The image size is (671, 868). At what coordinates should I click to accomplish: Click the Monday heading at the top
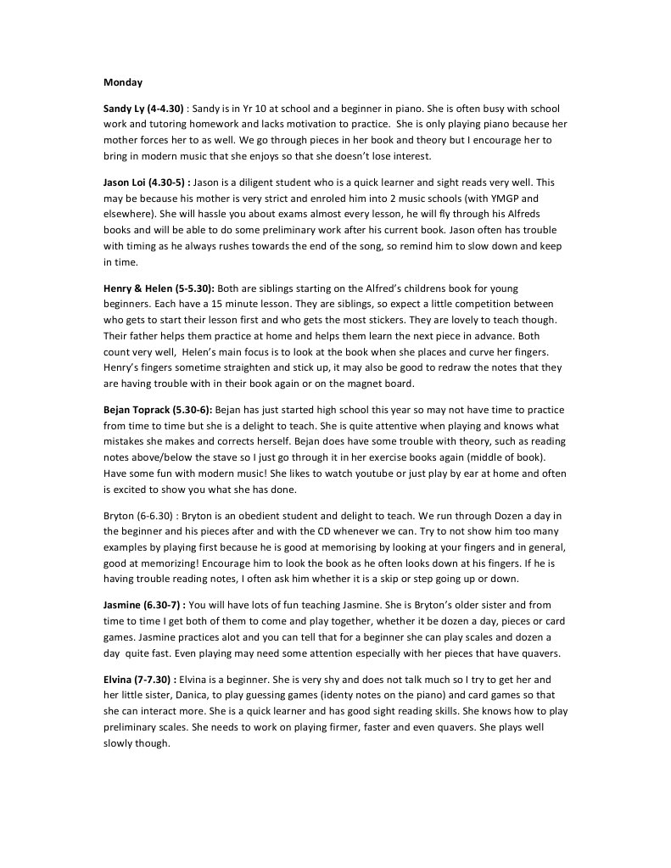click(122, 82)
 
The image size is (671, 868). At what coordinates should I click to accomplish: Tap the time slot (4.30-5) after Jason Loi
click(166, 182)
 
